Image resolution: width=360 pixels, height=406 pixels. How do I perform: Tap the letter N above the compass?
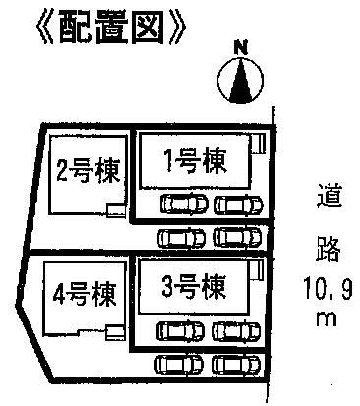click(239, 46)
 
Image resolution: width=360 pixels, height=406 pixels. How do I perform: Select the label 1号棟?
click(196, 162)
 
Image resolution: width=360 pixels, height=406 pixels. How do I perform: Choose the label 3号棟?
click(194, 288)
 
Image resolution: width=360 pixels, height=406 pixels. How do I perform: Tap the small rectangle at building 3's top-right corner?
click(258, 268)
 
